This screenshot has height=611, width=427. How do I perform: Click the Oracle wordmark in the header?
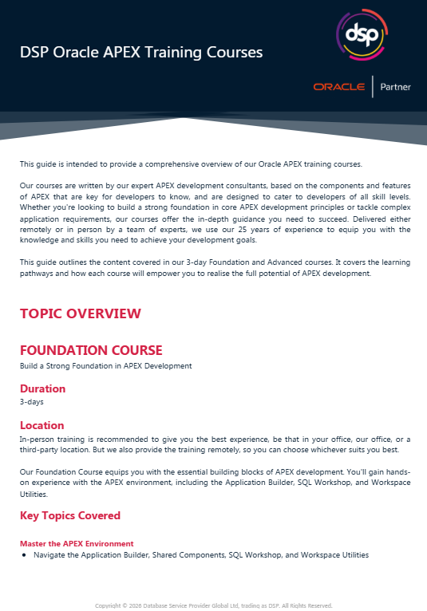pos(339,87)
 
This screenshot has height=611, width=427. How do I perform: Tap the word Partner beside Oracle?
pos(395,87)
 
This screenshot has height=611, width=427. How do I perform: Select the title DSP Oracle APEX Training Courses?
pos(141,53)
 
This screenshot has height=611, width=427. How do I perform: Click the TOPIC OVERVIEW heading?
pos(80,313)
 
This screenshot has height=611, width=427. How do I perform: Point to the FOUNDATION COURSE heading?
pos(91,350)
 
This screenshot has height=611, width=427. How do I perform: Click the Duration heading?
pos(42,388)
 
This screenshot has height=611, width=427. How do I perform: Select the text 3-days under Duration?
pos(32,402)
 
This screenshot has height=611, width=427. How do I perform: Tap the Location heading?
pos(42,425)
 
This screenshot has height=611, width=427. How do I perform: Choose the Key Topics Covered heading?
pos(70,515)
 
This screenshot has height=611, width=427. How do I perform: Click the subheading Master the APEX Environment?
pos(77,543)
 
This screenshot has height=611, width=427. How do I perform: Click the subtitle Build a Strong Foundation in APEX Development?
pos(106,366)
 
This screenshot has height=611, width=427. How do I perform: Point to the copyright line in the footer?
pos(213,605)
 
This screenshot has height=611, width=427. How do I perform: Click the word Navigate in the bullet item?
pos(49,554)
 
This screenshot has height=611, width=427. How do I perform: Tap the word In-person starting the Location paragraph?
pos(37,439)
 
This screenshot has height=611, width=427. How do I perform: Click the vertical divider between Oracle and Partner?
pos(373,86)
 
